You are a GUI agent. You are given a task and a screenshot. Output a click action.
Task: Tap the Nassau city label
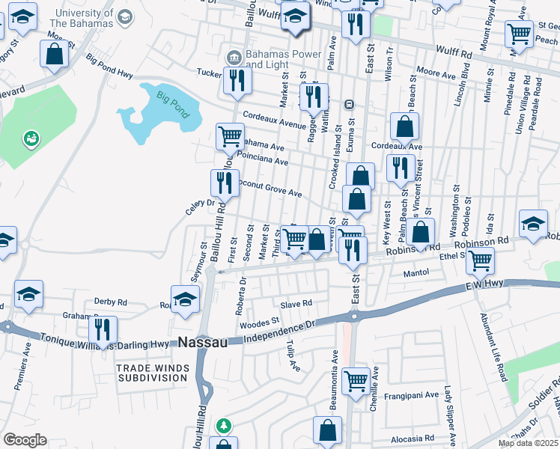point(202,342)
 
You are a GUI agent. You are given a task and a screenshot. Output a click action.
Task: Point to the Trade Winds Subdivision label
point(151,373)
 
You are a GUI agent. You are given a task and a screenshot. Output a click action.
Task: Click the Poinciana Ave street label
point(262,160)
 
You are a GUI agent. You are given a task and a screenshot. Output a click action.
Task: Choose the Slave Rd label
point(295,304)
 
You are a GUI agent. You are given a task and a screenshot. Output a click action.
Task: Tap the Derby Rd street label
point(110,302)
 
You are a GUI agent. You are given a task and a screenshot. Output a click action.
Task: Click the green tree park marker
point(223,426)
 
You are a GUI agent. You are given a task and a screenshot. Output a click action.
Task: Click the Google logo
point(25,440)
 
